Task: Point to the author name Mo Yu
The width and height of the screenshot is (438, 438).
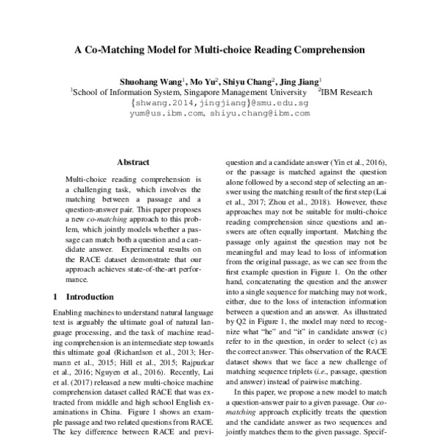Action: click(207, 82)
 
